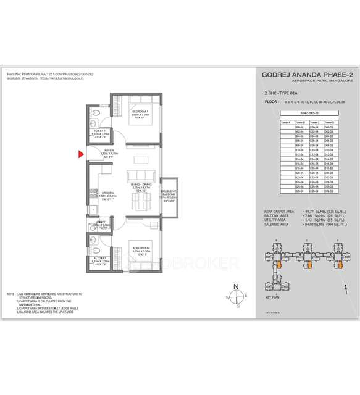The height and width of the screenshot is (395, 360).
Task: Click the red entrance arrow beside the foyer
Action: [80, 155]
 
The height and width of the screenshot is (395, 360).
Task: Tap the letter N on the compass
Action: [236, 285]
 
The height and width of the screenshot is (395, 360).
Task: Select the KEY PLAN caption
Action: [272, 297]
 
